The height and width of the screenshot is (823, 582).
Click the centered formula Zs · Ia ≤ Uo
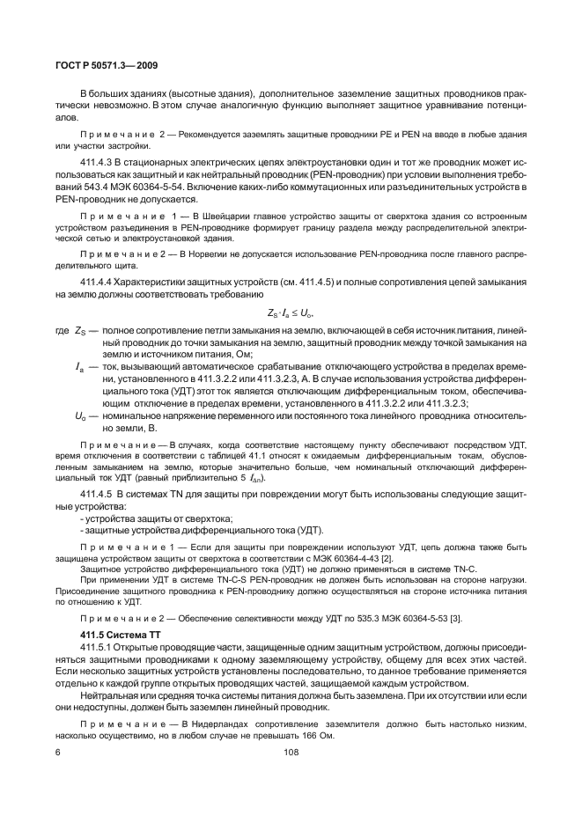pyautogui.click(x=291, y=312)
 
